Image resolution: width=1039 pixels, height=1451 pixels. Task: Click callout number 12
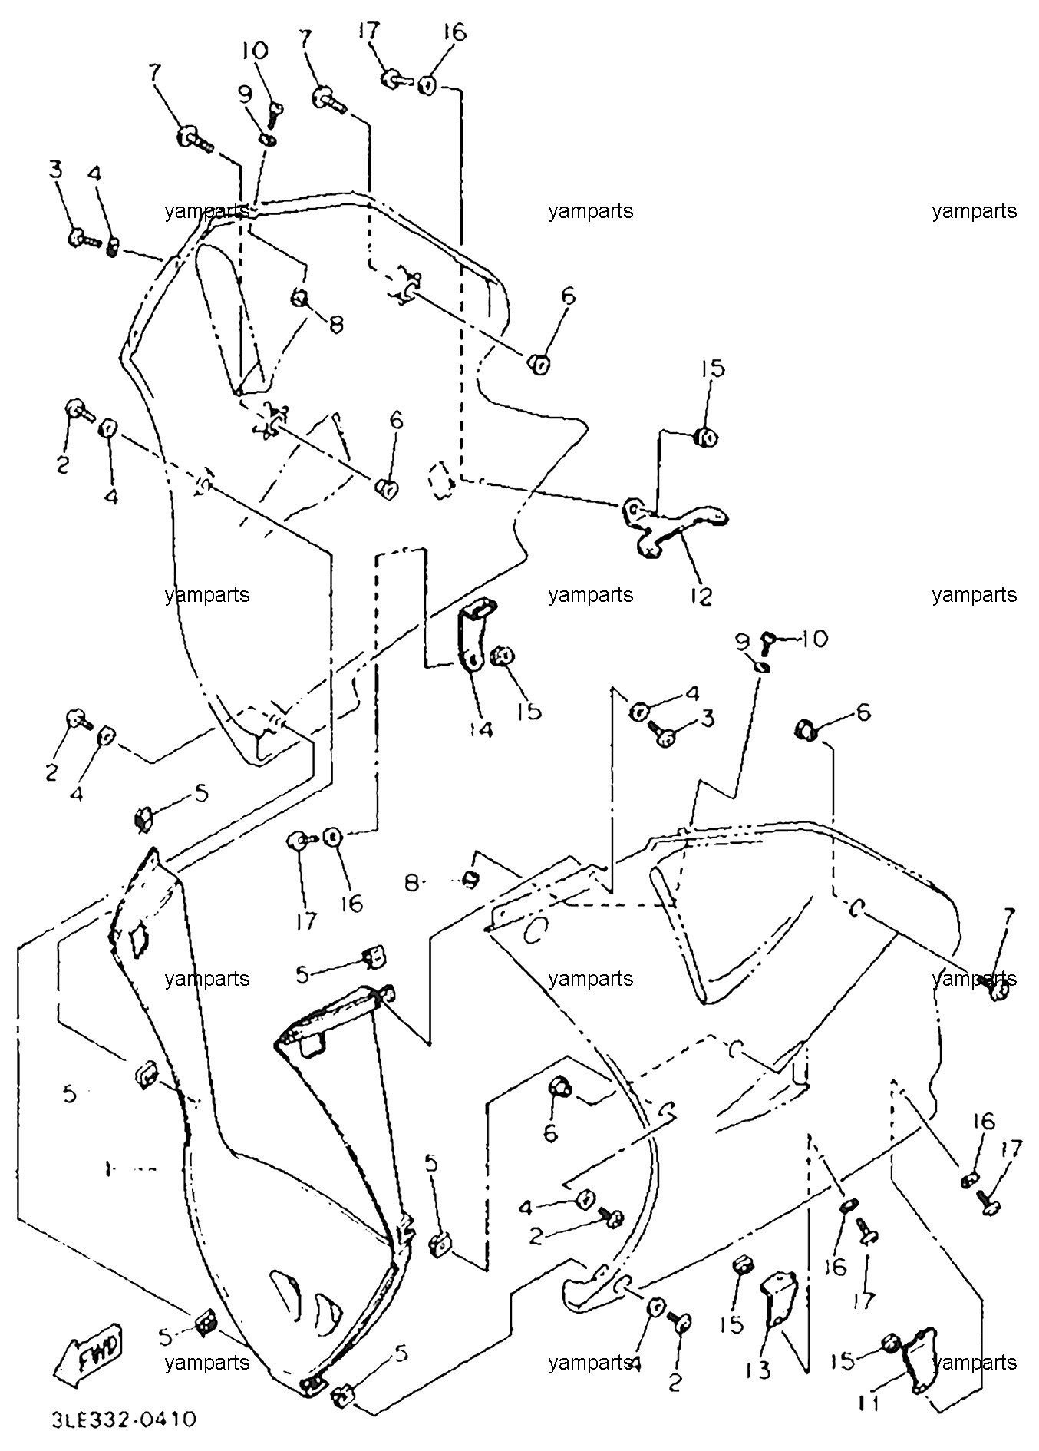click(x=701, y=595)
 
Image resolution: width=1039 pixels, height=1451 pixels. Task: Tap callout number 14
click(x=481, y=729)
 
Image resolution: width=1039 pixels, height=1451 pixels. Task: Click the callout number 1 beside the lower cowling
click(x=109, y=1169)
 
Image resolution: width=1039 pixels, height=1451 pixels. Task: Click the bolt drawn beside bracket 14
click(x=503, y=655)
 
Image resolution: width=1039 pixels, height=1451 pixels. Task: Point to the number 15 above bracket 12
click(x=712, y=368)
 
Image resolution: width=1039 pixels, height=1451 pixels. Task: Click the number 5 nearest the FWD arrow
click(x=164, y=1337)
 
